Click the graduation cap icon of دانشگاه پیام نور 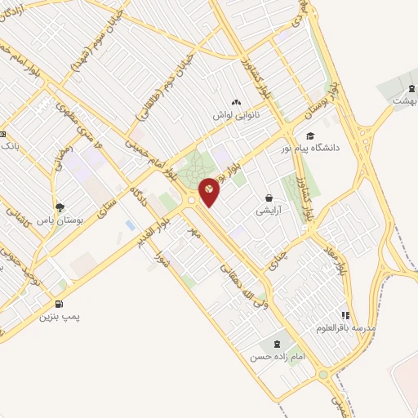point(309,136)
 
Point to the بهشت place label point(405,100)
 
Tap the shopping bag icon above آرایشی point(269,198)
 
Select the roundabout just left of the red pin point(191,200)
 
